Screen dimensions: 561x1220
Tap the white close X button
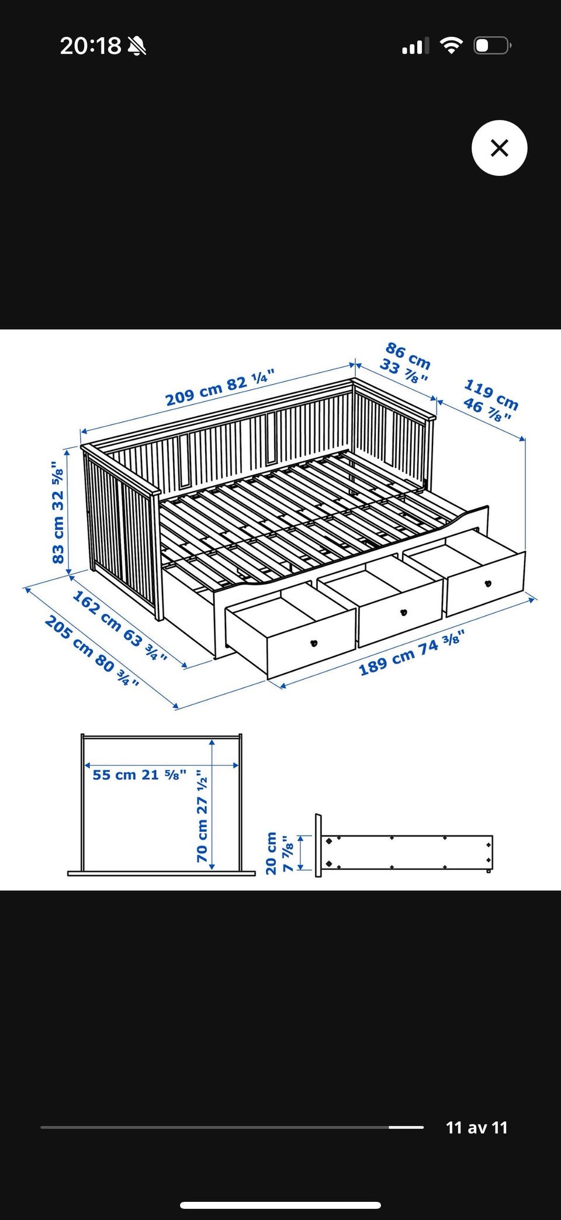pyautogui.click(x=499, y=148)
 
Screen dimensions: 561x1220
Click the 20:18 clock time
pyautogui.click(x=91, y=46)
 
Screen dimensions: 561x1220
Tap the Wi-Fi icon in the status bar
pyautogui.click(x=451, y=46)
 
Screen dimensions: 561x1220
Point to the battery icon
pyautogui.click(x=493, y=46)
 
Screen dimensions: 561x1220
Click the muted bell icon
pyautogui.click(x=137, y=46)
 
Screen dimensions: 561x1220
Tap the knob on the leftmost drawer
pyautogui.click(x=314, y=644)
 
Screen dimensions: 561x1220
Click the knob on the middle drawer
pyautogui.click(x=402, y=612)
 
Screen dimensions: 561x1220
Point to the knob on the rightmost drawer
pyautogui.click(x=488, y=583)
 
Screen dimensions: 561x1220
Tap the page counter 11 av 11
pyautogui.click(x=477, y=1128)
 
